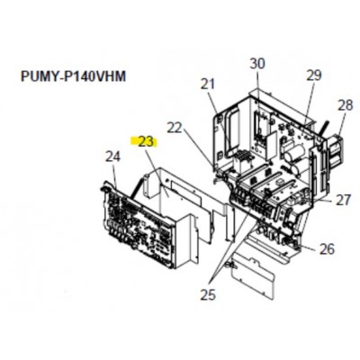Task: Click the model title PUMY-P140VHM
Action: click(73, 76)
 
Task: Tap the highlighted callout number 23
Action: click(146, 141)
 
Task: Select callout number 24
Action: click(112, 157)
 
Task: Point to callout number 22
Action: click(175, 128)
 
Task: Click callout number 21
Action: click(208, 84)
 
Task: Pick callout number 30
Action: click(257, 64)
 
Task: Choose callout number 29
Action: click(314, 76)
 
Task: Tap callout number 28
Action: click(346, 105)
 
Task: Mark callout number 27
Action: click(343, 200)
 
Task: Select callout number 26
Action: click(327, 248)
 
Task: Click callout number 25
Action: click(208, 294)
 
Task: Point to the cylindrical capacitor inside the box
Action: click(292, 159)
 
